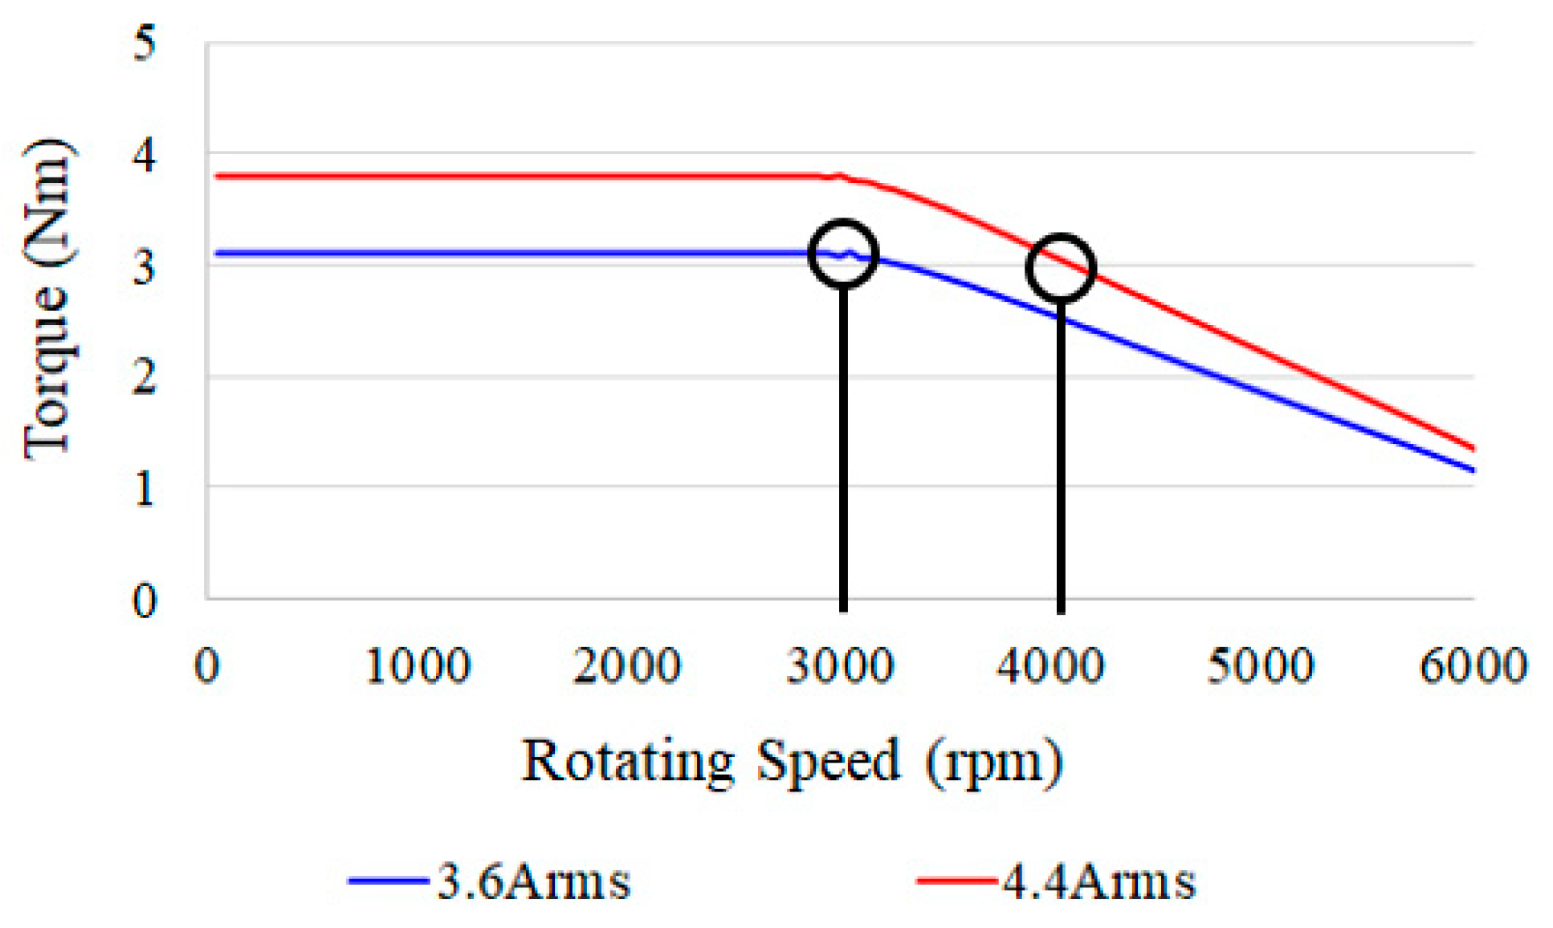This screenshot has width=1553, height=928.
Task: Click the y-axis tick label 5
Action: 145,43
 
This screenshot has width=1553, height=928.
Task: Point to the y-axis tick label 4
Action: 145,155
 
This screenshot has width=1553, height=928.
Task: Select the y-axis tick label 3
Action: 145,267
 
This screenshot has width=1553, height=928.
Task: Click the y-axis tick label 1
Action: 145,488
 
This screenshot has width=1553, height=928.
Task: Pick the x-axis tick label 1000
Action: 418,665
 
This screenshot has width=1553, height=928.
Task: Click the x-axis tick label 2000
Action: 628,665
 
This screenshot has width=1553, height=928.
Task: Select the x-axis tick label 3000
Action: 840,665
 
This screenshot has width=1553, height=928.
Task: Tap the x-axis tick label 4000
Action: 1050,665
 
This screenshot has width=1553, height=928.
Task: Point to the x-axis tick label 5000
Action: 1261,665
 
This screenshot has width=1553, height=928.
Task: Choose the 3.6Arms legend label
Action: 534,881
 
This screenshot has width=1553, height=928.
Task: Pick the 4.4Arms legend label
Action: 1099,881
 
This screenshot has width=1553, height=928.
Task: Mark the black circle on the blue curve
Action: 843,253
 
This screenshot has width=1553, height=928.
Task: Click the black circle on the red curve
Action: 1061,268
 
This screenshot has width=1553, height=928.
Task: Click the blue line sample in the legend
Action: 389,881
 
